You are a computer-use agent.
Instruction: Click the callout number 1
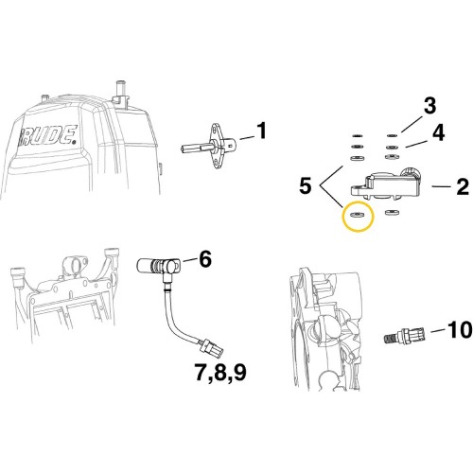[261, 131]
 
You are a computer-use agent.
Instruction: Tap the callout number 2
[463, 187]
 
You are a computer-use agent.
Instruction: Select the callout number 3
[429, 106]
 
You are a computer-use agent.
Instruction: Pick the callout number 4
[438, 132]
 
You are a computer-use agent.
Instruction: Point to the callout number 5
[306, 185]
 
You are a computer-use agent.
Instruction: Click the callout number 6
[205, 260]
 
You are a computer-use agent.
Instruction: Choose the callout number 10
[460, 330]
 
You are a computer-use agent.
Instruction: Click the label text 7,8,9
[220, 374]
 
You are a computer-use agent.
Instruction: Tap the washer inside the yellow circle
[358, 216]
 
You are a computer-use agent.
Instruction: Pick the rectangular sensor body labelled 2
[387, 185]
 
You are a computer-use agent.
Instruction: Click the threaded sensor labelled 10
[405, 336]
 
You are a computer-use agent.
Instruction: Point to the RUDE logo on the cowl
[49, 135]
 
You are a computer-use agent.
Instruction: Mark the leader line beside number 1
[247, 138]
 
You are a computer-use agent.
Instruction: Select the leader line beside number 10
[437, 330]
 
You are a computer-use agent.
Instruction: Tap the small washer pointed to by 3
[392, 136]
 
